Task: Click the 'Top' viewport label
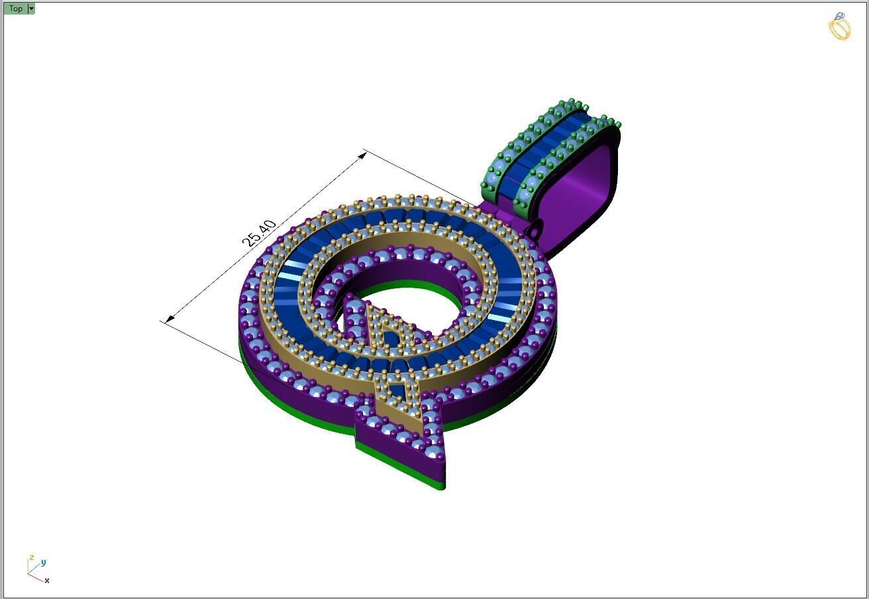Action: pos(15,9)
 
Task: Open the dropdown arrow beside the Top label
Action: pos(31,9)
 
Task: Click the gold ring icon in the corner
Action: pos(839,27)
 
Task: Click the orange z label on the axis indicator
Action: pos(31,558)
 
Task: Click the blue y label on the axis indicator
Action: pos(43,563)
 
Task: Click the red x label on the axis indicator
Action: pos(47,580)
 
